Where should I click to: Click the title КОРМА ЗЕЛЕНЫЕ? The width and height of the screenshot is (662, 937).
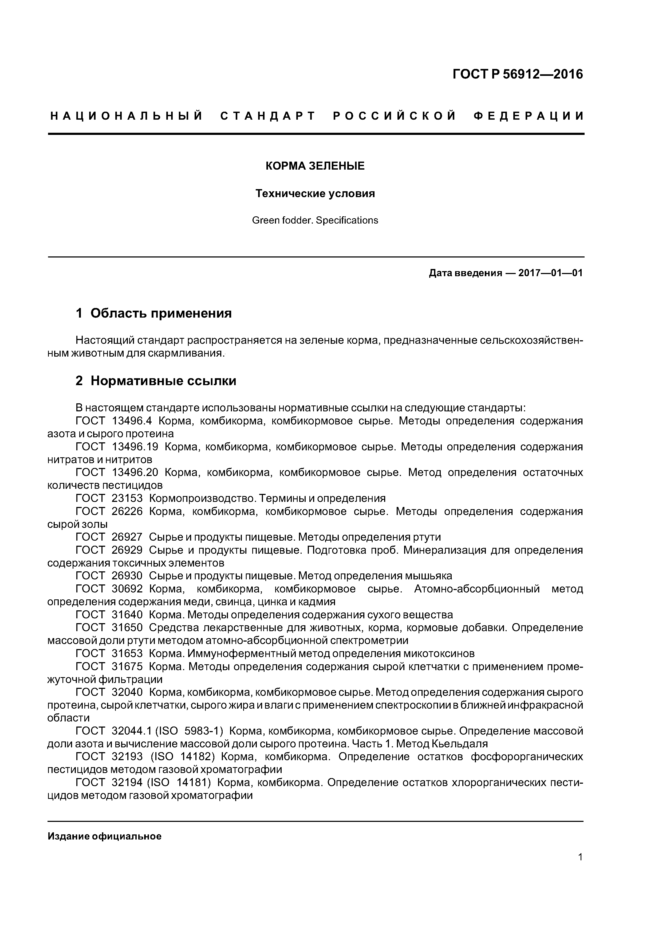click(x=315, y=166)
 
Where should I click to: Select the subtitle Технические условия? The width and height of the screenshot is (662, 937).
click(x=315, y=193)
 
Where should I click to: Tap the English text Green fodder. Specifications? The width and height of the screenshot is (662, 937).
click(x=315, y=220)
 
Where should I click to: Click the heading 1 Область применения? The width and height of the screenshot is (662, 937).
click(x=154, y=313)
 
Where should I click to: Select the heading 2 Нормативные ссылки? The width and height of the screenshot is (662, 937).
click(x=156, y=381)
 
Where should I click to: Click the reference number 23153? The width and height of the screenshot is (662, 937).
click(x=127, y=498)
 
